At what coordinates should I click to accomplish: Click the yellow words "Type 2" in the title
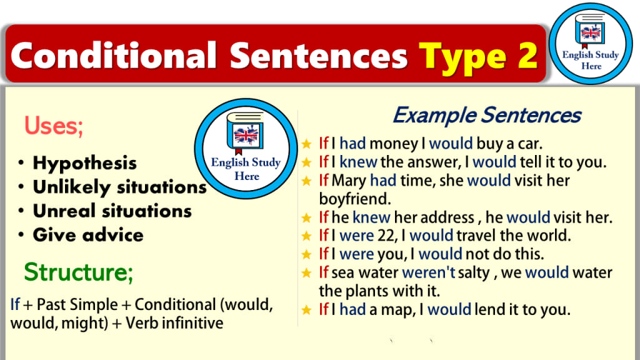tap(478, 57)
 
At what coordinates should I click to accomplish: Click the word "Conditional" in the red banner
tap(114, 55)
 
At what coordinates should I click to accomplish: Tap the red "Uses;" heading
tap(54, 126)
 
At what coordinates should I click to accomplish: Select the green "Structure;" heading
tap(78, 272)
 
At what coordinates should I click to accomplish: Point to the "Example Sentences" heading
tap(486, 115)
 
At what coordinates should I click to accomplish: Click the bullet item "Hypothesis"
tap(84, 163)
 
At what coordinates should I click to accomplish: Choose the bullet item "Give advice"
tap(88, 235)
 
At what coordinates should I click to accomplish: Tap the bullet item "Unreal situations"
tap(112, 211)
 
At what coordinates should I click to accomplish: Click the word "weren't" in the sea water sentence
tap(429, 272)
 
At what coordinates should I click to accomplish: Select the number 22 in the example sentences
tap(386, 236)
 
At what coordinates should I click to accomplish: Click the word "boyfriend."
tap(355, 199)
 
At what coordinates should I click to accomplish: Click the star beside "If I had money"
tap(306, 144)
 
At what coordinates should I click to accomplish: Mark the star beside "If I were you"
tap(306, 254)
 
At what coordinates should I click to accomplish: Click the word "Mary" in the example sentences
tap(349, 181)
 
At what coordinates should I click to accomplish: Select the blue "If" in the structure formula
tap(15, 304)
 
